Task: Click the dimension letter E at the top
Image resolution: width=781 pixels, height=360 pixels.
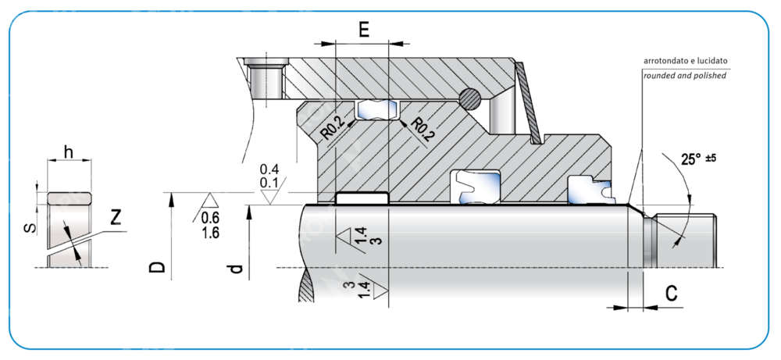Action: [x=363, y=30]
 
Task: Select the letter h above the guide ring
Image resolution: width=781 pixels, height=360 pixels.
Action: [x=69, y=153]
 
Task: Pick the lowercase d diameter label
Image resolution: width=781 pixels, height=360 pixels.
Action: [x=237, y=269]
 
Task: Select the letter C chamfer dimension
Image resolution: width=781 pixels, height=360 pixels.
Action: [x=670, y=294]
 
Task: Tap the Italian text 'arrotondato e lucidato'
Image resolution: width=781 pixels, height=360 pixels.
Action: [x=685, y=60]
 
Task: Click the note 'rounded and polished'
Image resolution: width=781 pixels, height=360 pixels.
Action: [x=684, y=76]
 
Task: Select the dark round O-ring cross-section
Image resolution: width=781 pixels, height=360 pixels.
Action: [x=471, y=98]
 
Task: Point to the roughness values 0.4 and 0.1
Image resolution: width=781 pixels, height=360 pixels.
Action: [x=269, y=176]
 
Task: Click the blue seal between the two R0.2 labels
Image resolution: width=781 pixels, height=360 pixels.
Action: [x=377, y=111]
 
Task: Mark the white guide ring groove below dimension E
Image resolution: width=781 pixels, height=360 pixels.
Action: [x=362, y=198]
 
